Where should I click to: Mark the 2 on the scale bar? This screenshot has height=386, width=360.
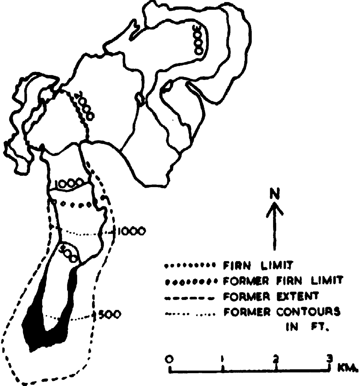tap(276, 358)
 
